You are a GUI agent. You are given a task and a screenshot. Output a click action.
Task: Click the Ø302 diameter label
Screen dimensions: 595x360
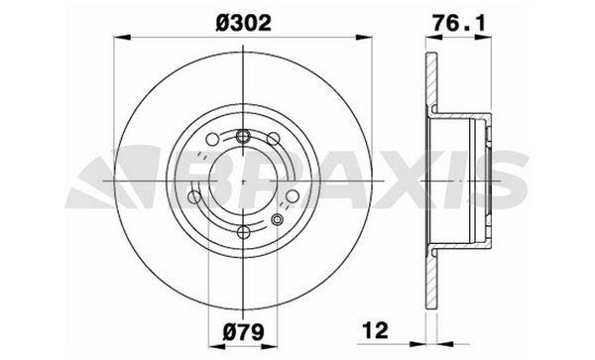click(244, 23)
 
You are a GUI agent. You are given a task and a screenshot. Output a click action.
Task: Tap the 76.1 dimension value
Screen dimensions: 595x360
click(459, 23)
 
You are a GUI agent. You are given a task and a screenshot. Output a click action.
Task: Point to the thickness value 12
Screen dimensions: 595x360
click(376, 330)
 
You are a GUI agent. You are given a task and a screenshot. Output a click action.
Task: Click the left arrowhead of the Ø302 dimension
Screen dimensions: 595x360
click(122, 37)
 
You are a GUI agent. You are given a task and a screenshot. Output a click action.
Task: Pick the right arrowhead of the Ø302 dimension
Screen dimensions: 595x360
click(364, 37)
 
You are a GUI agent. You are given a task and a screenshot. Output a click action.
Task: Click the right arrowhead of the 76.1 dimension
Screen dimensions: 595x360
click(484, 37)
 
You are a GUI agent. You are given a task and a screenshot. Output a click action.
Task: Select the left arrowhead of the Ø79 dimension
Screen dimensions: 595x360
click(217, 346)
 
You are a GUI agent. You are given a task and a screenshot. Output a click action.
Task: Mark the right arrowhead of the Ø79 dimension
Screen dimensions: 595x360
click(269, 346)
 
